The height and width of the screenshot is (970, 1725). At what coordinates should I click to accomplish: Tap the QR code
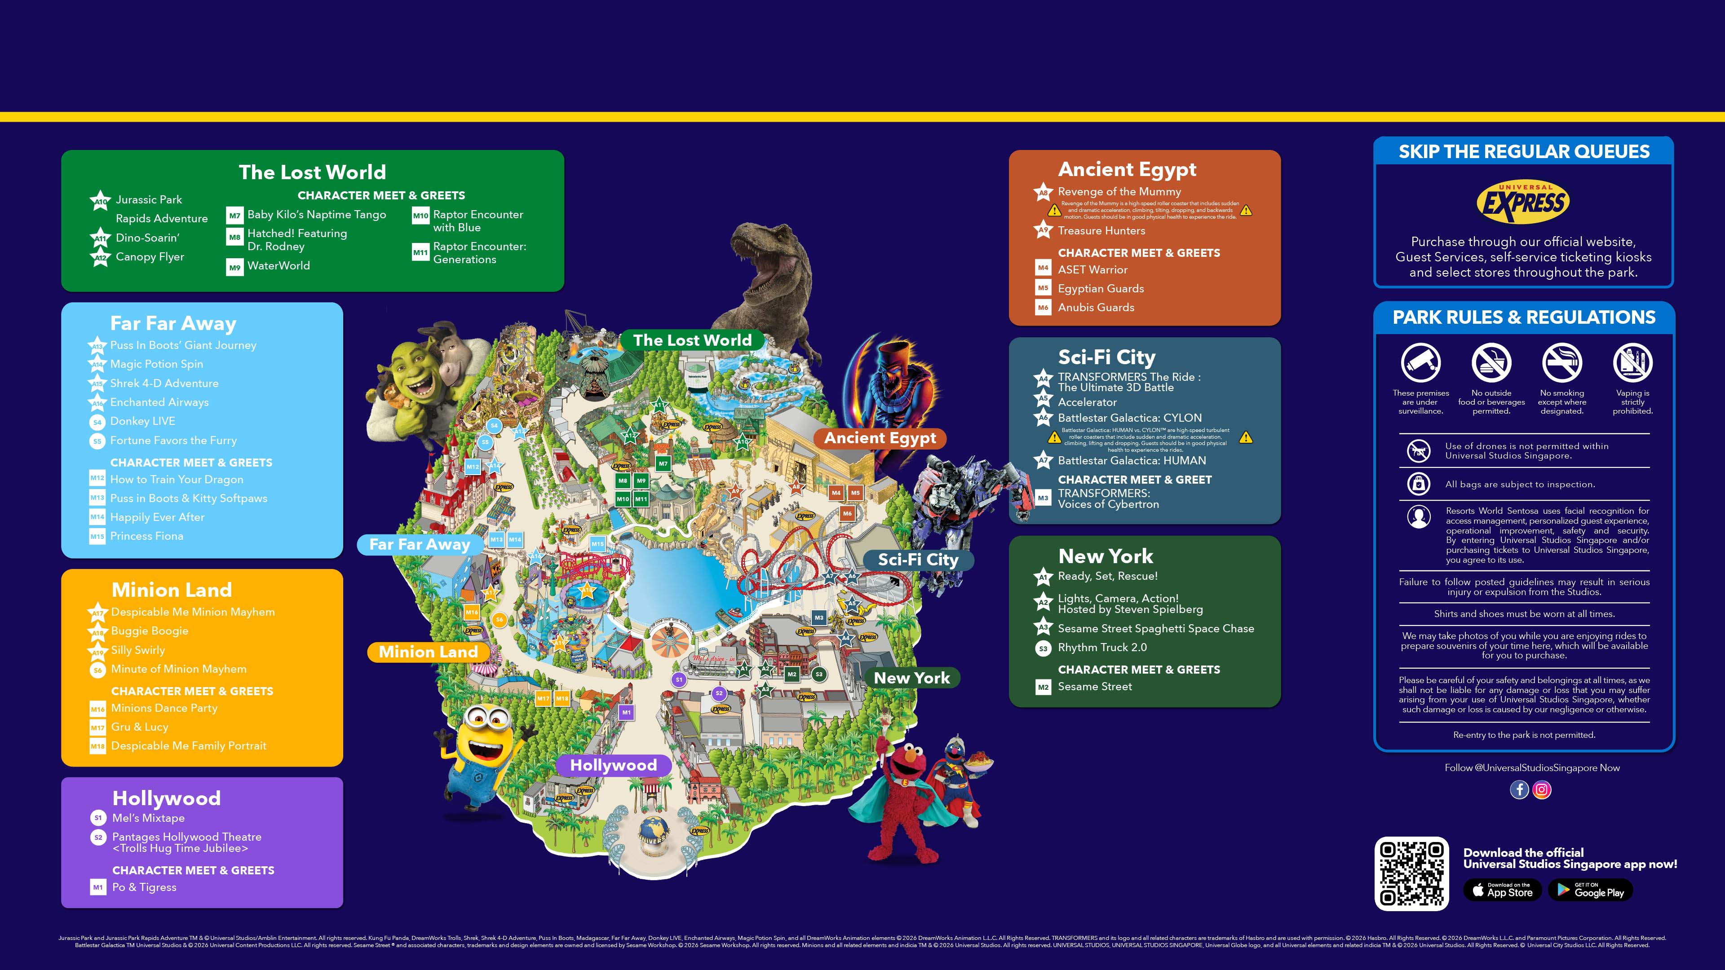pos(1411,873)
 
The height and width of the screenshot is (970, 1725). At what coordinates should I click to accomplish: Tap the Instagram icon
pos(1542,790)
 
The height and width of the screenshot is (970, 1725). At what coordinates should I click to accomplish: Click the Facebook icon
pos(1519,790)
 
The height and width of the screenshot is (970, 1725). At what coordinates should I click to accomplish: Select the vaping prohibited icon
pos(1632,363)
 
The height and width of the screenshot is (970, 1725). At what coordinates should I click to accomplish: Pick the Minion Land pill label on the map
pos(428,652)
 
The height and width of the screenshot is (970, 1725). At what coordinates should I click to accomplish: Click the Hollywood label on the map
pos(613,765)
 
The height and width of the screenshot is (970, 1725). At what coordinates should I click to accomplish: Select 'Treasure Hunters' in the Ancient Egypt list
pos(1101,231)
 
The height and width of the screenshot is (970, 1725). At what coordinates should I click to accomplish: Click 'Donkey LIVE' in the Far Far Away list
pos(143,421)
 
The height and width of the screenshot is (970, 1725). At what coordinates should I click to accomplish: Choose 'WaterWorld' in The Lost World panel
pos(279,266)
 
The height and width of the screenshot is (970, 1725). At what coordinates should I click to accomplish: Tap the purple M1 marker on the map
pos(626,712)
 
